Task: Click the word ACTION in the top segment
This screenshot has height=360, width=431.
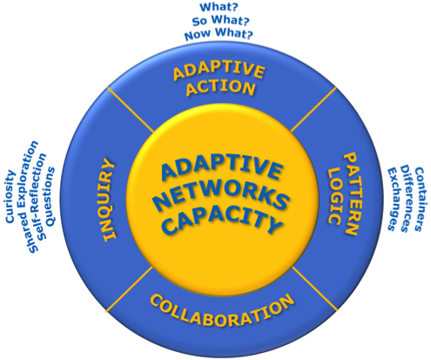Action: coord(220,87)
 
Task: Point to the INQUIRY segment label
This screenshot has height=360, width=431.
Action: coord(109,200)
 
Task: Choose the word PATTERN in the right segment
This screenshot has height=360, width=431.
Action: coord(350,194)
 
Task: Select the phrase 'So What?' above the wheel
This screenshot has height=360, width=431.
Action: coord(220,20)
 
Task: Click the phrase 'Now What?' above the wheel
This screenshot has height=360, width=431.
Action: coord(219,34)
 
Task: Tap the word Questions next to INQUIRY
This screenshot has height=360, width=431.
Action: coord(51,196)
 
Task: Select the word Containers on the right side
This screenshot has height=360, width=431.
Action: coord(418,199)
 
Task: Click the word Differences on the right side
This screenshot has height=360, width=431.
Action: coord(406,199)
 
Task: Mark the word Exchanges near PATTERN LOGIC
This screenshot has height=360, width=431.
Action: coord(393,199)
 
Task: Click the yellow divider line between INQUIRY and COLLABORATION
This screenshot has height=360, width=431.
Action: coord(129,289)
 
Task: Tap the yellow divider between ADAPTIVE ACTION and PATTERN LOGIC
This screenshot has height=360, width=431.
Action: coord(313,110)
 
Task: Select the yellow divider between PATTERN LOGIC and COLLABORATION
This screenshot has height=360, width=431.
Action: coord(315,289)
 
